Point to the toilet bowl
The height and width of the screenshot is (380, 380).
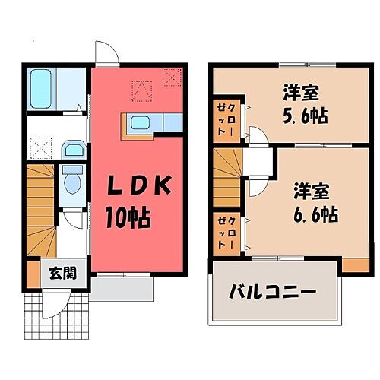coord(73,180)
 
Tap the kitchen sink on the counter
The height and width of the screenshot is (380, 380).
coord(140,122)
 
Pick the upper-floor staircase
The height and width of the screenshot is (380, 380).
coord(226,174)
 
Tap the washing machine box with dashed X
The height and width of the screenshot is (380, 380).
coord(40,144)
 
